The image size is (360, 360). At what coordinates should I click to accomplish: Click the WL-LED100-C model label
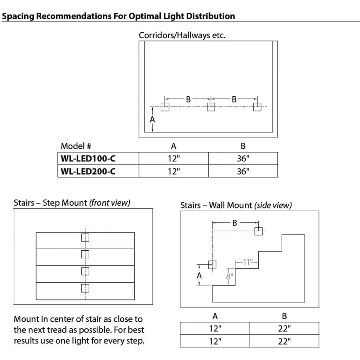[x=88, y=159]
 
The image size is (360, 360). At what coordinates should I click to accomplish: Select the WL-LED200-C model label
[x=88, y=171]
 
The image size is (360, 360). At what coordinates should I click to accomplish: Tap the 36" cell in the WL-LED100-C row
[x=243, y=159]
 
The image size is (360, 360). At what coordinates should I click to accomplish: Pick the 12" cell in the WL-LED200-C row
[x=174, y=171]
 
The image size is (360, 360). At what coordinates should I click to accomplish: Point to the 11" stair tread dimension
[x=248, y=262]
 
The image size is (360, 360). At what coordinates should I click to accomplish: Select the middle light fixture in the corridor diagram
[x=211, y=107]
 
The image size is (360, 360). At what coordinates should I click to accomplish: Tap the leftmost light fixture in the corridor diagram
[x=165, y=107]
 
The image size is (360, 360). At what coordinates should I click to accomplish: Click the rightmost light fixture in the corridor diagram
[x=257, y=107]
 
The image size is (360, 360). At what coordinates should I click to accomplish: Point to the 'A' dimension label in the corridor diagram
[x=152, y=120]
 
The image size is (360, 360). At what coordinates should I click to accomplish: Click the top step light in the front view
[x=85, y=238]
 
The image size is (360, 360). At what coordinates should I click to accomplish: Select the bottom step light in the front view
[x=85, y=288]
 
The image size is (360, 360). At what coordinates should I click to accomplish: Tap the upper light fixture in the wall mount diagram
[x=259, y=231]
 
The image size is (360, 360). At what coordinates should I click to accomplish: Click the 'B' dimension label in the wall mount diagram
[x=235, y=223]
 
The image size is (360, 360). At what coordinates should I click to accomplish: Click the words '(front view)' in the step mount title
[x=110, y=203]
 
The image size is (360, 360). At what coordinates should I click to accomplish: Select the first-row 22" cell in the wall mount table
[x=284, y=329]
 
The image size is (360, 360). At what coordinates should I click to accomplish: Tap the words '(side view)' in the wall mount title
[x=273, y=205]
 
